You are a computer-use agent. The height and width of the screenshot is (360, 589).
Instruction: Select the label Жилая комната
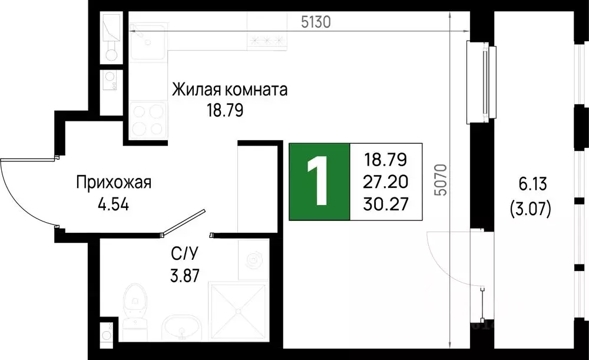(x=230, y=91)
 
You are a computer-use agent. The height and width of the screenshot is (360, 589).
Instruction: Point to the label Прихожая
(x=114, y=183)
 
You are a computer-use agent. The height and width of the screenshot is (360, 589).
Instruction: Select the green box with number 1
(x=319, y=181)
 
